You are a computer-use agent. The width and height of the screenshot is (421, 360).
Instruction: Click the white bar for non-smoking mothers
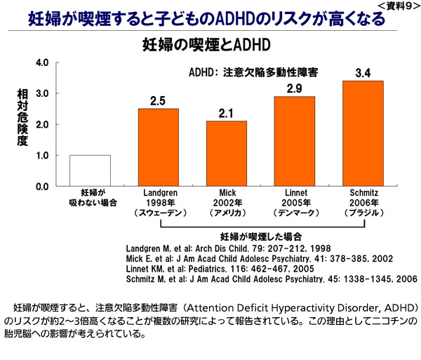(90, 171)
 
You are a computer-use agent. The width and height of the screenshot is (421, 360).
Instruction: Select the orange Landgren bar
(158, 147)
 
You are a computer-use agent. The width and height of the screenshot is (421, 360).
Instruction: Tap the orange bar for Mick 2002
(226, 154)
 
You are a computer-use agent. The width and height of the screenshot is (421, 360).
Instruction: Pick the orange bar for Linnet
(294, 141)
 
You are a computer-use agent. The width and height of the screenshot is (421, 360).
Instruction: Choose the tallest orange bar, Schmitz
(363, 133)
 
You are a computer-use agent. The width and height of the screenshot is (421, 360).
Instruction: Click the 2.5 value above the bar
(158, 101)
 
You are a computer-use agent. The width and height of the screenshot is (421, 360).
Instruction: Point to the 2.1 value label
(226, 113)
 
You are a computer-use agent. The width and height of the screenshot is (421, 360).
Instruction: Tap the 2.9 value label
(294, 88)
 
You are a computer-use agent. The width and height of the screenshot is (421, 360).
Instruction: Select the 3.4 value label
(363, 73)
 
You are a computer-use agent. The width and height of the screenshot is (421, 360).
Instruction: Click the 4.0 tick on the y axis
(41, 62)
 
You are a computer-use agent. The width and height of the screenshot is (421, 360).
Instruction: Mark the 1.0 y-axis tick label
(41, 156)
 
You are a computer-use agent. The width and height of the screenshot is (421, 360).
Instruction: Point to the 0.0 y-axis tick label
(41, 187)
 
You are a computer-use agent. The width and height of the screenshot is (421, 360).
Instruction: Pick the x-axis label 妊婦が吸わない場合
(90, 199)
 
